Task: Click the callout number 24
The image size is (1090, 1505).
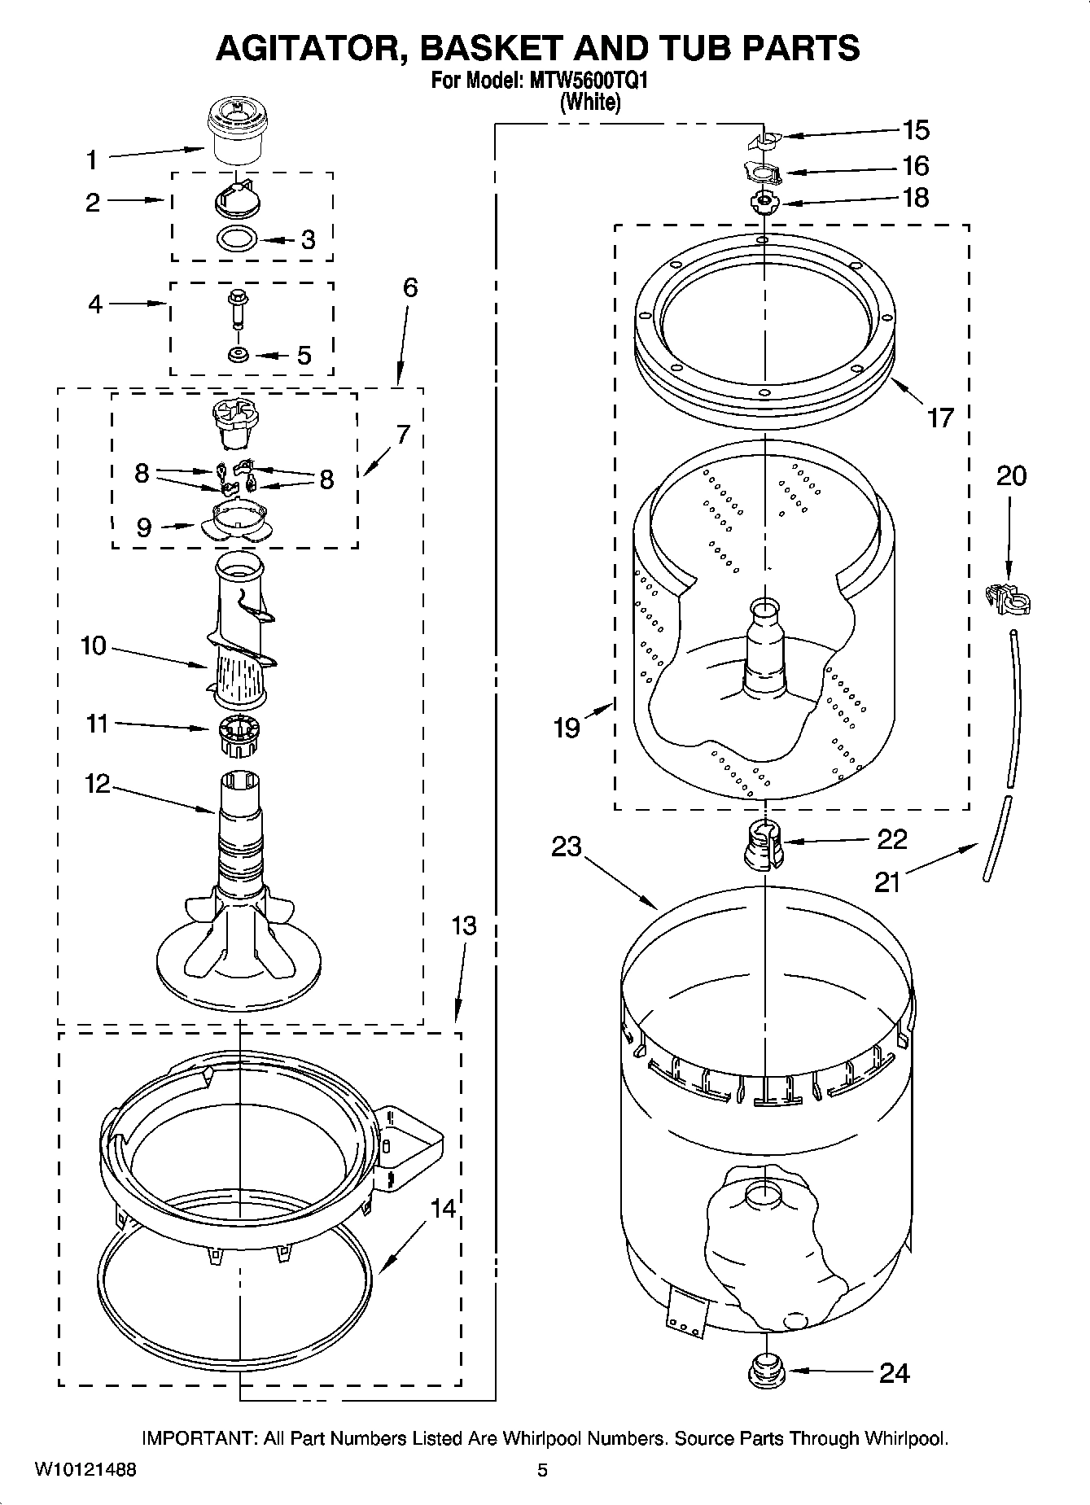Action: coord(894,1373)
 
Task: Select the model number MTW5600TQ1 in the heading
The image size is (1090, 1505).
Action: coord(586,81)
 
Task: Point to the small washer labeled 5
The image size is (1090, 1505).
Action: coord(239,355)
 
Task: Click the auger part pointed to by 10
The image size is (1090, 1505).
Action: coord(239,635)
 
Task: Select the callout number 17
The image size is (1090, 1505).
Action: coord(939,418)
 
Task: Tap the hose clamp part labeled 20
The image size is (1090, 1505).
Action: coord(1007,601)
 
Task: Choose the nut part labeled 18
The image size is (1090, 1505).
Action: coord(764,200)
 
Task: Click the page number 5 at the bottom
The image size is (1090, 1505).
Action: coord(542,1471)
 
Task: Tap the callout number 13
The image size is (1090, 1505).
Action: coord(463,925)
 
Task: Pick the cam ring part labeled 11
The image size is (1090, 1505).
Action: coord(239,728)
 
